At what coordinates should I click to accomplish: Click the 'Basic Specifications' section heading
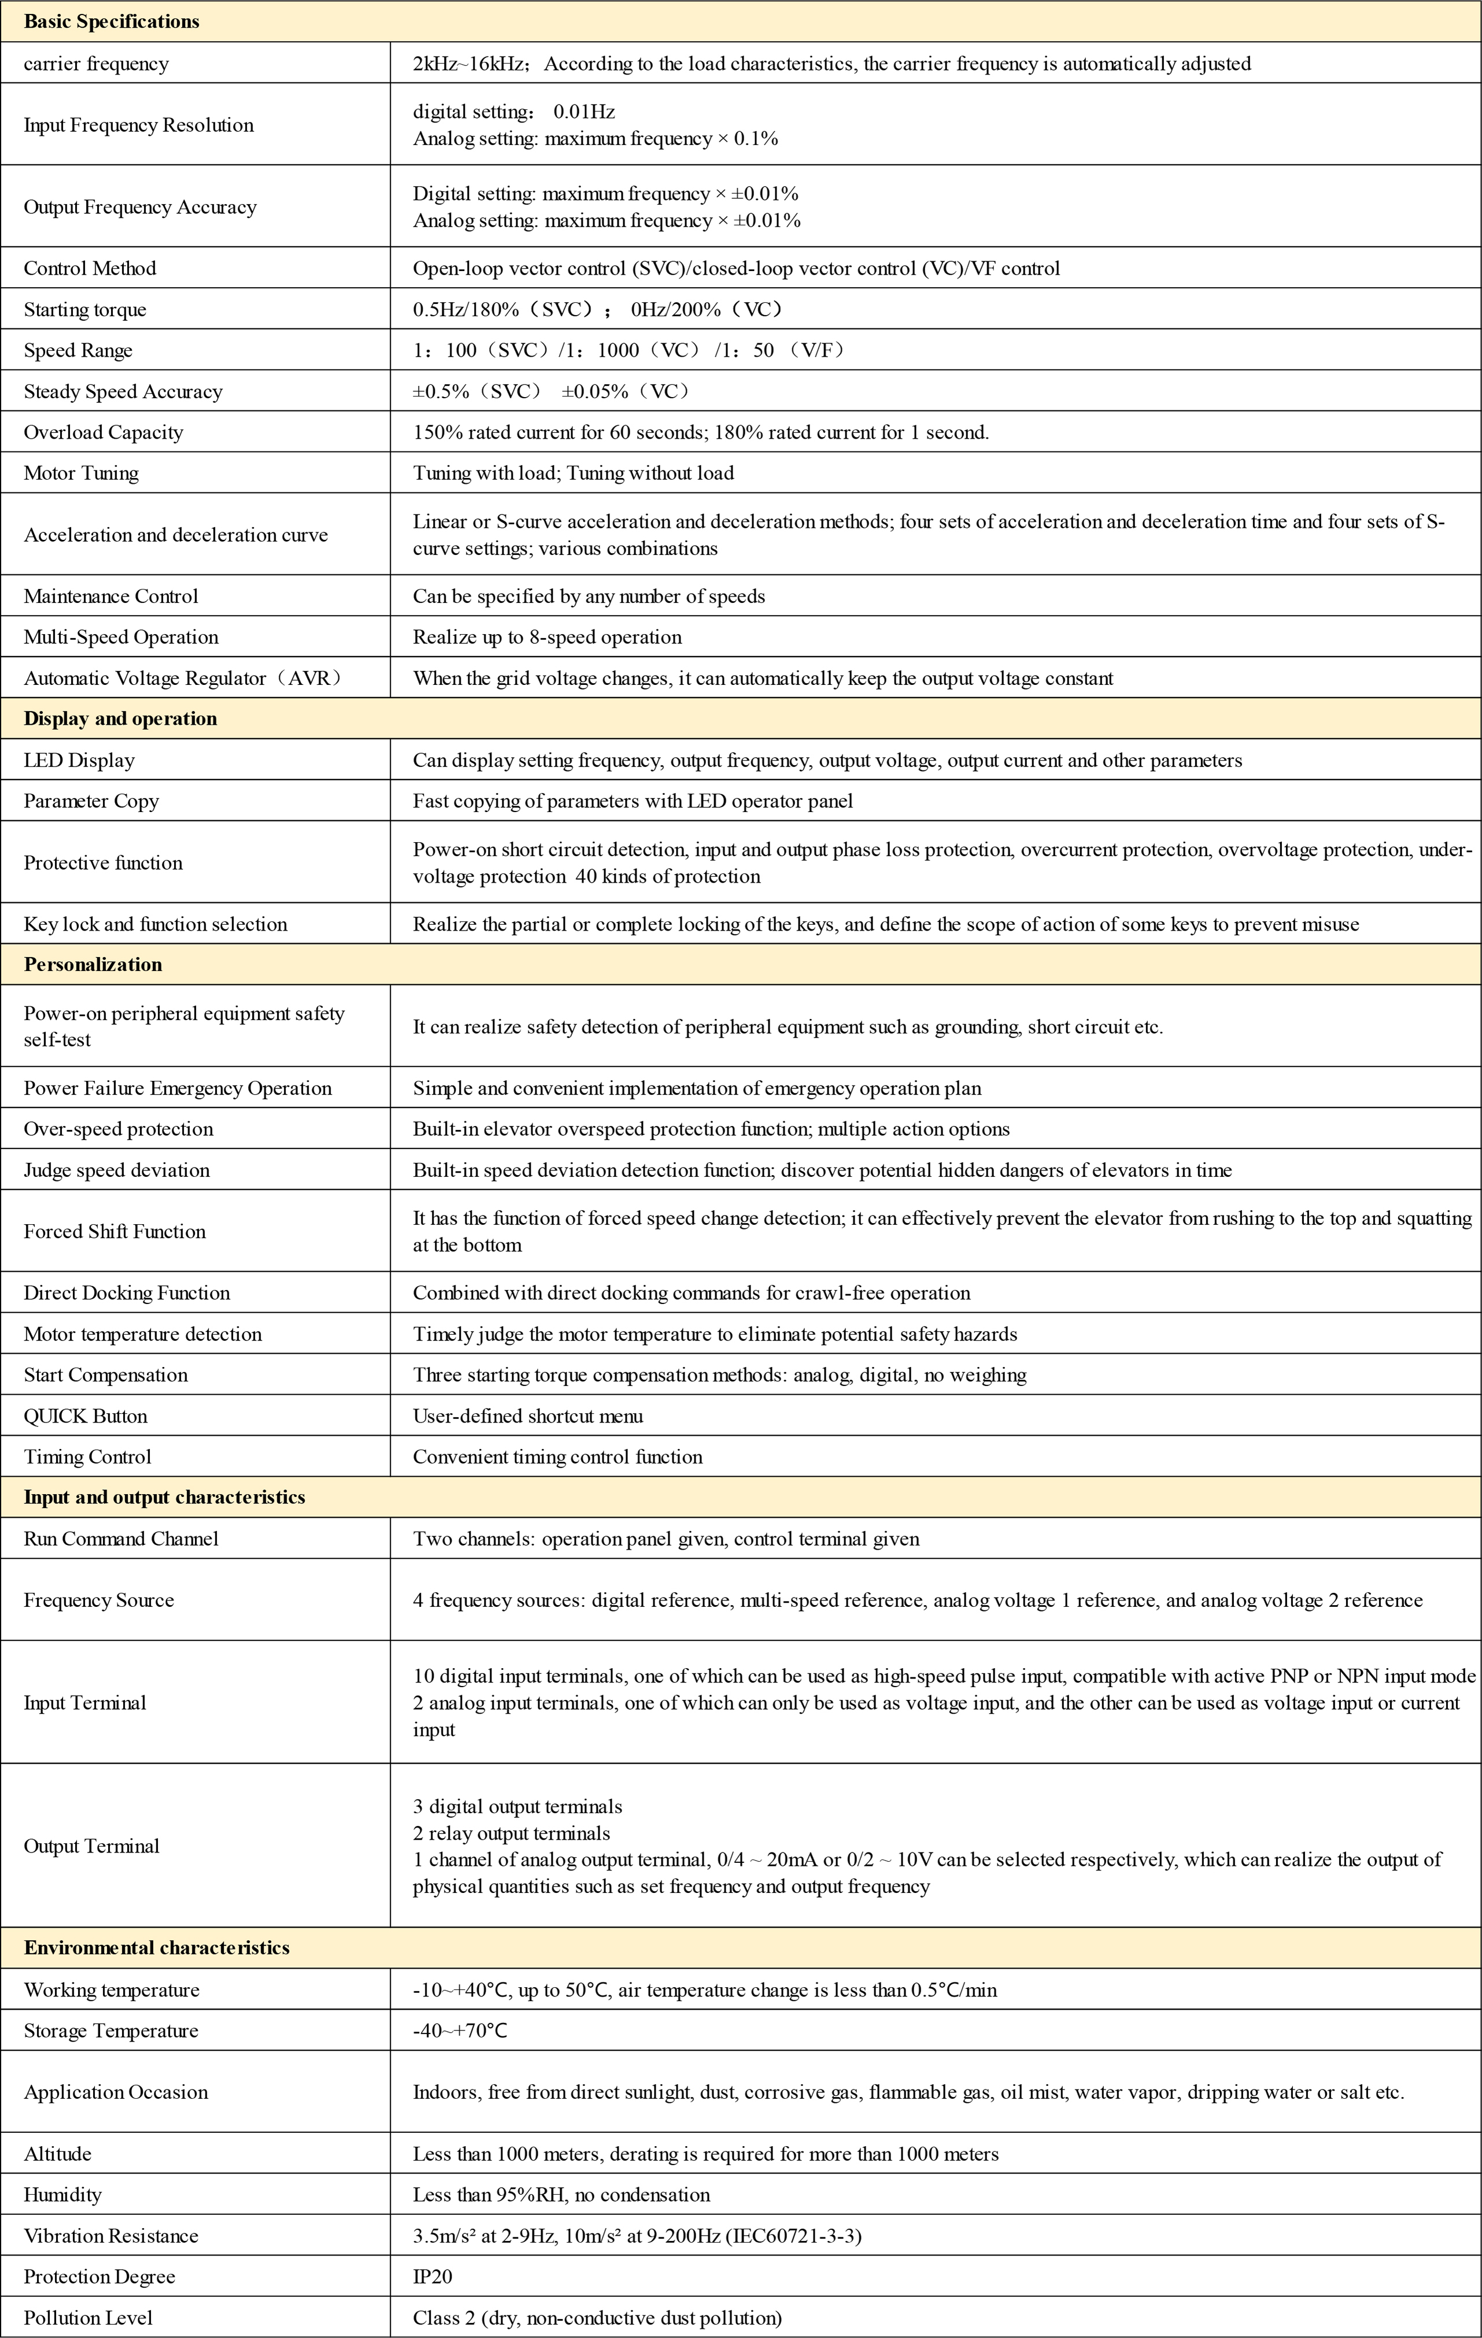tap(112, 21)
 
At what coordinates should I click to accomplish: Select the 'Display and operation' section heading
tap(120, 718)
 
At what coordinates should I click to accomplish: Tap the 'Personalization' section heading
tap(93, 964)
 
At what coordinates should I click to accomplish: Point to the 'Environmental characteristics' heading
tap(156, 1948)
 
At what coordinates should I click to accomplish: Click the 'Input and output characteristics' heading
tap(164, 1497)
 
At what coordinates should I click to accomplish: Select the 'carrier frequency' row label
tap(96, 64)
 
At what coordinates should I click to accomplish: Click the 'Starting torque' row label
tap(86, 310)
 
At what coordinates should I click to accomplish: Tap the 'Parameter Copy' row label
tap(91, 801)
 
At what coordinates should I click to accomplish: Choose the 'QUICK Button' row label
tap(86, 1416)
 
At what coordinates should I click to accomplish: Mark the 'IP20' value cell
tap(433, 2276)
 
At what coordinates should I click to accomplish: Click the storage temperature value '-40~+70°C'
tap(460, 2030)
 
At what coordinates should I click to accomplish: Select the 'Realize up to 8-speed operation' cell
tap(548, 637)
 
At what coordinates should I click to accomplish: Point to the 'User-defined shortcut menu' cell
tap(529, 1416)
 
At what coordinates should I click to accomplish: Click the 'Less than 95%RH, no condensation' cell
tap(561, 2194)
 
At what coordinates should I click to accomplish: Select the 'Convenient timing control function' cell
tap(557, 1457)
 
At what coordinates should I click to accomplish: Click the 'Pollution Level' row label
tap(88, 2318)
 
